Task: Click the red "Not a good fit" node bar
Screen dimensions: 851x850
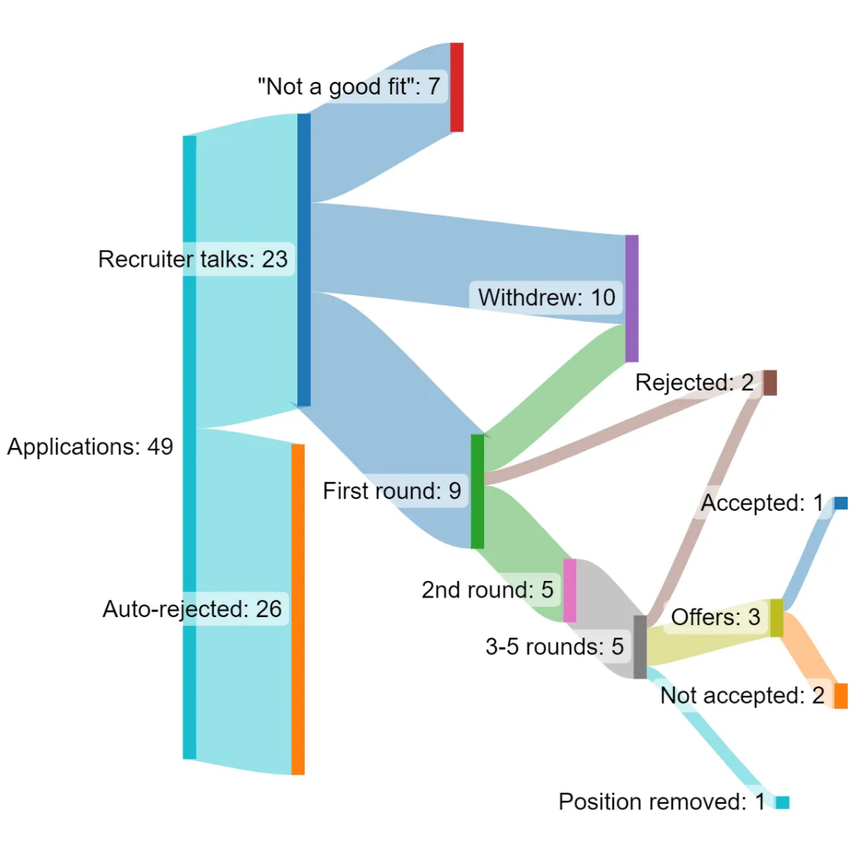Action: coord(456,87)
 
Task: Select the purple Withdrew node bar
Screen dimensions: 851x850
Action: coord(632,298)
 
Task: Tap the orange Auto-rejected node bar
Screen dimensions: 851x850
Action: coord(297,609)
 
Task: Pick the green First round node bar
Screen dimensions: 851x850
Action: coord(477,491)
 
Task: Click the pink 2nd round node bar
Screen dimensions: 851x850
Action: coord(570,590)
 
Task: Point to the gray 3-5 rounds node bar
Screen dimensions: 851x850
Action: coord(640,647)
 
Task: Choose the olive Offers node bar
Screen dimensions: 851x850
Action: coord(777,618)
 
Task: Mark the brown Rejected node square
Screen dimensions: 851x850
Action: coord(770,383)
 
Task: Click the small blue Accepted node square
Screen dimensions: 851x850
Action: coord(841,503)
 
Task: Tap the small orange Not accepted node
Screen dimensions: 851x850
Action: coord(841,696)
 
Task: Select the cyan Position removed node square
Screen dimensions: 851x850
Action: coord(782,802)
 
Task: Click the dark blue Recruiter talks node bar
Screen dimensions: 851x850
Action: coord(304,260)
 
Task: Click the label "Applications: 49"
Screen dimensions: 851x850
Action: coord(90,447)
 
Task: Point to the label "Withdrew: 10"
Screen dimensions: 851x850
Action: coord(546,298)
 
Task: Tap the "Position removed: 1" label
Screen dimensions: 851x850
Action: coord(661,802)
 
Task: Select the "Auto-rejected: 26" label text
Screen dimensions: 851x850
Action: coord(192,609)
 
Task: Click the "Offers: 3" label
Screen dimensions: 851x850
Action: coord(715,618)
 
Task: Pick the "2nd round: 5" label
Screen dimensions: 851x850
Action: coord(488,590)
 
